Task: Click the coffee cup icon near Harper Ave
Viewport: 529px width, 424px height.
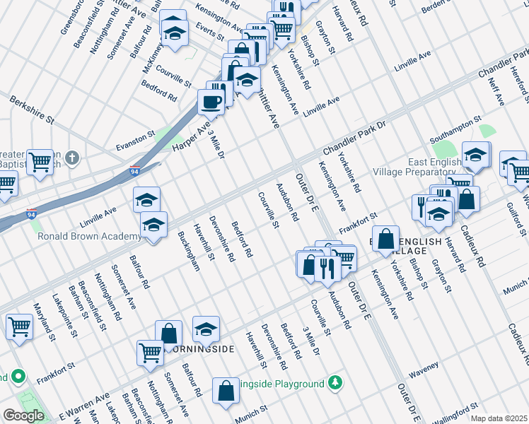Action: [211, 101]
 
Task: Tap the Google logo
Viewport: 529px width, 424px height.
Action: [23, 416]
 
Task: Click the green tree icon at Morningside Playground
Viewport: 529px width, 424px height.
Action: [336, 384]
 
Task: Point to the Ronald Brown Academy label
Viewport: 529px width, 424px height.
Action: [89, 237]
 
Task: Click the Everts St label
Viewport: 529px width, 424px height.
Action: [211, 33]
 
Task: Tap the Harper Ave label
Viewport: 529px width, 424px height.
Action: [192, 136]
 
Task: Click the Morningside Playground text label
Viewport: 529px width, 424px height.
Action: [286, 384]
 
